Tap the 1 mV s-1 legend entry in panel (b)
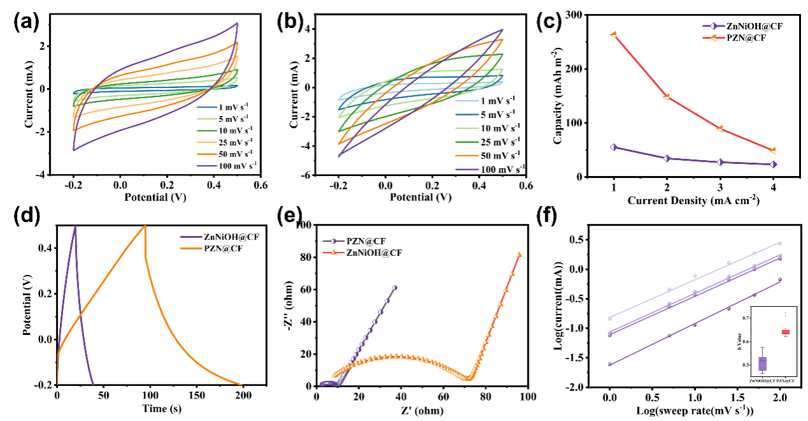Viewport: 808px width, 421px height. point(497,100)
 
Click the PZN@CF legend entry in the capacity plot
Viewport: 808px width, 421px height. point(746,38)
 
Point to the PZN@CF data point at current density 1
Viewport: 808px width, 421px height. point(614,34)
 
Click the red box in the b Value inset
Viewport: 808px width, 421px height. point(785,332)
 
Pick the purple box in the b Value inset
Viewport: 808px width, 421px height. point(763,364)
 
